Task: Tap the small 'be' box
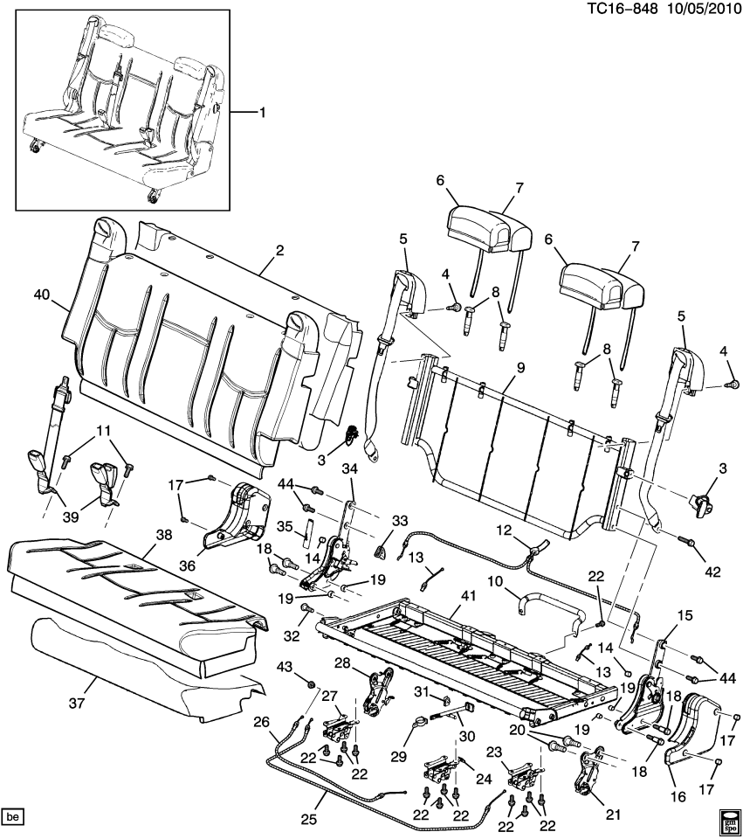click(x=12, y=817)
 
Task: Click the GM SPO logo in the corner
click(x=728, y=821)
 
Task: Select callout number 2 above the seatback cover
click(x=279, y=250)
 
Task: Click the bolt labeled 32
click(x=306, y=607)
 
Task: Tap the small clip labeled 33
click(x=381, y=550)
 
